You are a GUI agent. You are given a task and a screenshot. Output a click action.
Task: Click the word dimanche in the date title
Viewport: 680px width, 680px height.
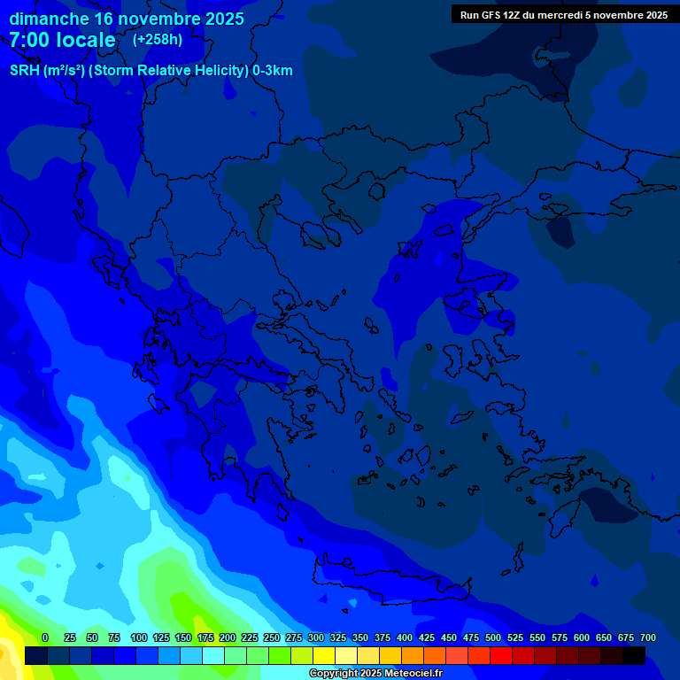[49, 19]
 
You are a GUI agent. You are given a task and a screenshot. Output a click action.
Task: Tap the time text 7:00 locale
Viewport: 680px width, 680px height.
[62, 40]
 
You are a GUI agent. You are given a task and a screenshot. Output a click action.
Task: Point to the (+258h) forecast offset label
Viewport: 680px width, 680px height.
[158, 40]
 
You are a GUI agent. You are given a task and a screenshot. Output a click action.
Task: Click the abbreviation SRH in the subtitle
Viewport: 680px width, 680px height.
[25, 71]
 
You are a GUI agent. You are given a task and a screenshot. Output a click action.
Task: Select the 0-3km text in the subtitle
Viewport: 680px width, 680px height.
[273, 71]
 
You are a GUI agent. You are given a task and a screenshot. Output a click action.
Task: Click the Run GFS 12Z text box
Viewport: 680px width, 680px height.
[564, 15]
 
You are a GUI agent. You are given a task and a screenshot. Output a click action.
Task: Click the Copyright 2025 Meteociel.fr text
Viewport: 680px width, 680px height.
[375, 674]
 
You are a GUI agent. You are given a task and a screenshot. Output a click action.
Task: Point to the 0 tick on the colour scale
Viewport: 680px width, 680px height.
[45, 637]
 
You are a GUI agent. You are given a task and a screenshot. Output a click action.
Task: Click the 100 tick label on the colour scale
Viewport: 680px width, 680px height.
[139, 637]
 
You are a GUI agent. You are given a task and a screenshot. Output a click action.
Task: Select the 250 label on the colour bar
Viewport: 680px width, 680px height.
[272, 637]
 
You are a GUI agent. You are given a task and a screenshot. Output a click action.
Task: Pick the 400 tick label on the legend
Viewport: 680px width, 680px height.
[405, 637]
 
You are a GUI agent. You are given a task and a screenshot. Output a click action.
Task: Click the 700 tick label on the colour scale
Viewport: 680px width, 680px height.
[648, 637]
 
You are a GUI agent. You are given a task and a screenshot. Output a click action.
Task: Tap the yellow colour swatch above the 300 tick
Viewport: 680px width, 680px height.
[324, 655]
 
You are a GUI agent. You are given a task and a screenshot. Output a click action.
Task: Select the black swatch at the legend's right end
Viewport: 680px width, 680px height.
[634, 655]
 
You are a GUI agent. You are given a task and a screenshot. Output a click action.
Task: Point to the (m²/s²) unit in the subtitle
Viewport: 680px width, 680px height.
[64, 71]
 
